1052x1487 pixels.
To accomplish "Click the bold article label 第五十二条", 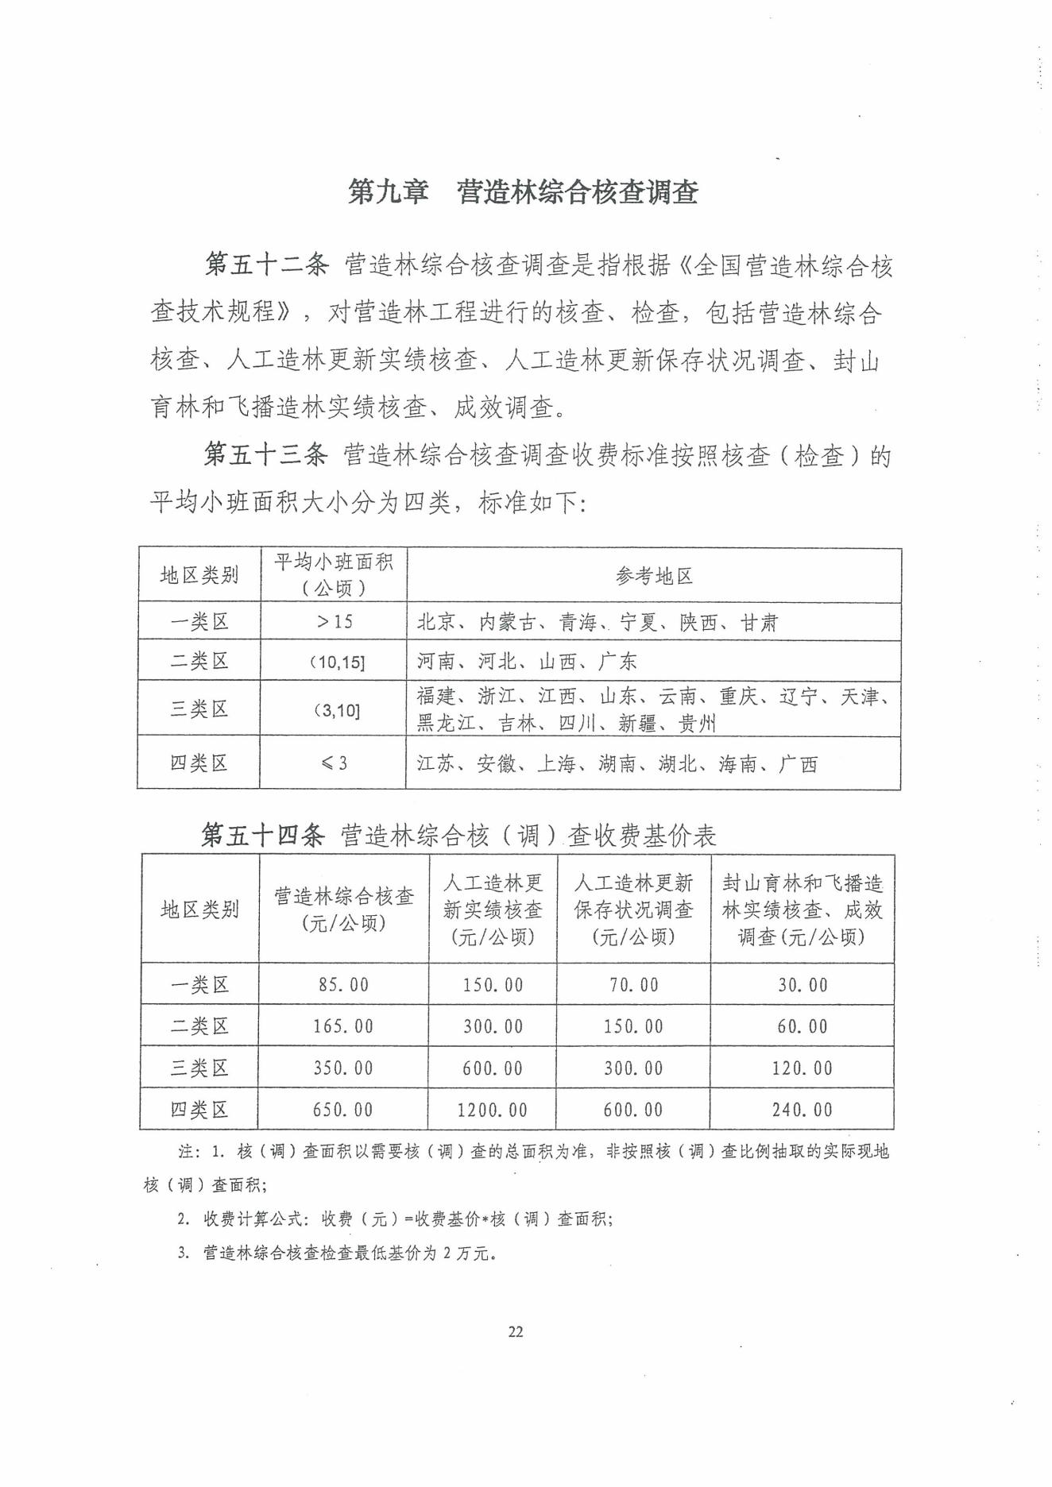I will click(266, 265).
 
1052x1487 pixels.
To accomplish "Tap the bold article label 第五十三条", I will click(265, 454).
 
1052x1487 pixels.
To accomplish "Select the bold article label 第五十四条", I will click(263, 835).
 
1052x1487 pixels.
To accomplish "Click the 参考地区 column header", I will click(653, 576).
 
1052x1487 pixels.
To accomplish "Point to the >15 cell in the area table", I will click(334, 621).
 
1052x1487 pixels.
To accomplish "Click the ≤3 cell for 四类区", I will click(334, 763).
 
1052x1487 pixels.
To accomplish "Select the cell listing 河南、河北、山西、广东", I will click(527, 661).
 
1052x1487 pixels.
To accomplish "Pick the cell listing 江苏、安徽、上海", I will click(617, 764).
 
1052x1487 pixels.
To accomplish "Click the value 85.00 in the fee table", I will click(343, 985).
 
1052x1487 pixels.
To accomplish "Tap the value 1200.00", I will click(493, 1110).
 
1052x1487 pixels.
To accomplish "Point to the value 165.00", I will click(343, 1026).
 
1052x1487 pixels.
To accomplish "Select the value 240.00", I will click(802, 1110).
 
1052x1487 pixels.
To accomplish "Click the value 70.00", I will click(633, 985).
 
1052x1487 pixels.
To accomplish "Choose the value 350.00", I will click(343, 1068).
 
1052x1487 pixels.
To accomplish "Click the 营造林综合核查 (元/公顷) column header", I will click(343, 910).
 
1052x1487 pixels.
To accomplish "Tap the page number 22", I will click(516, 1332).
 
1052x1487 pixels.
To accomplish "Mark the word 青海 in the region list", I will click(578, 622).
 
